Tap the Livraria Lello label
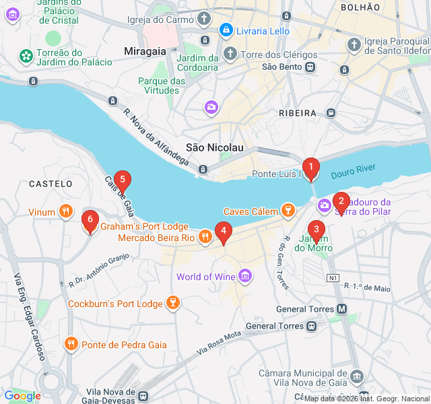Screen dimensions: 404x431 tap(263, 31)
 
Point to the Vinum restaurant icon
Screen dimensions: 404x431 tap(65, 211)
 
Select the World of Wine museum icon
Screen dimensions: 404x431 tap(245, 276)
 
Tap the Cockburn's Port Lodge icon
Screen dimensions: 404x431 tap(173, 303)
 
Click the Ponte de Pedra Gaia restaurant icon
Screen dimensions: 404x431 tap(71, 344)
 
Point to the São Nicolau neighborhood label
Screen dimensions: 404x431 tap(214, 147)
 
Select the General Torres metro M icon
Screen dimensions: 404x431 tap(342, 309)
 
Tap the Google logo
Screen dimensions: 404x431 tap(22, 396)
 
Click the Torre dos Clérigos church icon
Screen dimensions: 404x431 tap(230, 53)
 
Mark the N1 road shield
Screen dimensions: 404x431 tap(333, 277)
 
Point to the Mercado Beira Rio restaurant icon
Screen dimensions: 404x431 tap(205, 236)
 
